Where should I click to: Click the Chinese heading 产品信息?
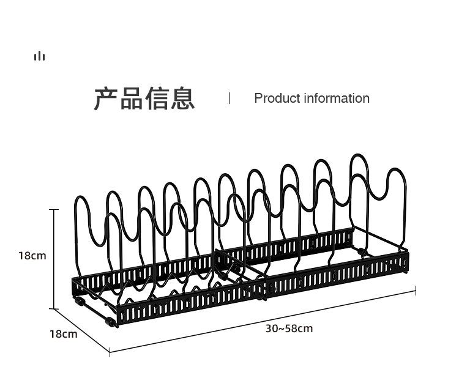tap(144, 98)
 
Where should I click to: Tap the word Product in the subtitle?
tap(277, 98)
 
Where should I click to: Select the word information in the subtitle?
tap(337, 98)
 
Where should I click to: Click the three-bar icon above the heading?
tap(40, 56)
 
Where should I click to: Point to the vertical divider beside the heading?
tap(229, 98)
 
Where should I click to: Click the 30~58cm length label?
tap(289, 328)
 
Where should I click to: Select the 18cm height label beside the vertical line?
tap(32, 256)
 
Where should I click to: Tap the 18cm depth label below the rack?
tap(64, 334)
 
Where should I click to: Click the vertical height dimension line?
tap(54, 259)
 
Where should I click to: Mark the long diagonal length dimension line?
tap(263, 321)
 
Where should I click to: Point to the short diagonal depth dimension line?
tap(81, 330)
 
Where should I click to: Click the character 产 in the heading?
tap(106, 98)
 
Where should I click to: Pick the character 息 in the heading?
tap(182, 98)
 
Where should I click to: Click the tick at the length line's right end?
tap(416, 291)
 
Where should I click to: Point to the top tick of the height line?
tap(54, 210)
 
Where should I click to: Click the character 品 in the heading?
tap(132, 98)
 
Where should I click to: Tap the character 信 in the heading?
tap(157, 98)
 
